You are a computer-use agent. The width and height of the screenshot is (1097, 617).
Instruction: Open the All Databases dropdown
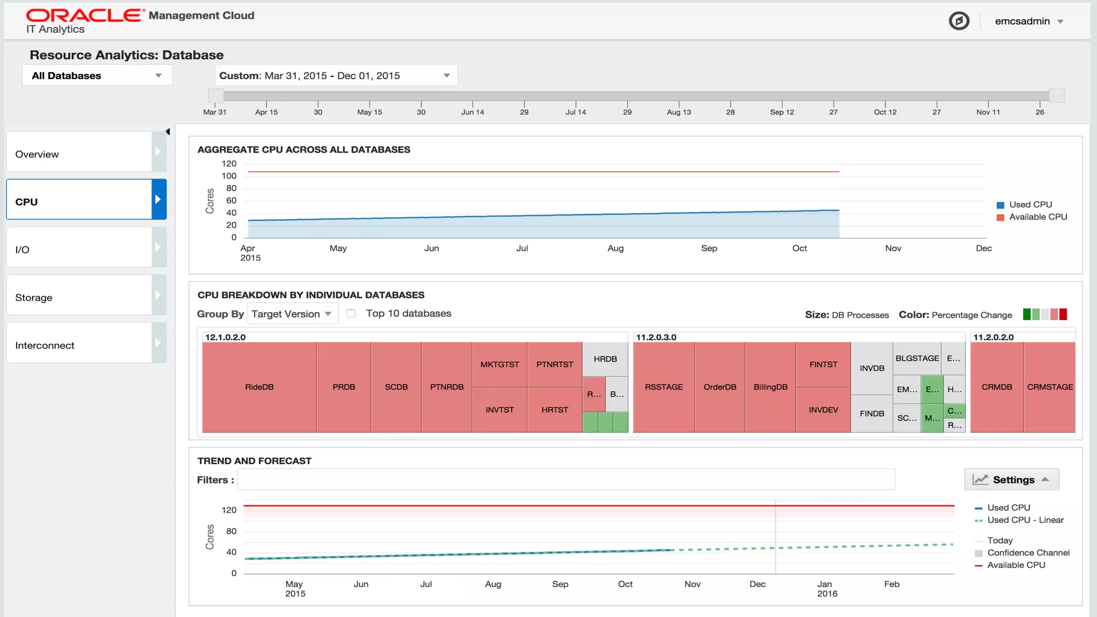pyautogui.click(x=96, y=76)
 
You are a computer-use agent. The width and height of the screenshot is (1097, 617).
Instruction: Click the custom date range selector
pyautogui.click(x=336, y=76)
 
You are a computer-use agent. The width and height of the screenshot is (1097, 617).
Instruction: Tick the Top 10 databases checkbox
pyautogui.click(x=351, y=313)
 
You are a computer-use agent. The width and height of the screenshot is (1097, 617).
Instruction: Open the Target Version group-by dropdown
pyautogui.click(x=291, y=314)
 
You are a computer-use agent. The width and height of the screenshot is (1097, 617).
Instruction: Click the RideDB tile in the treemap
pyautogui.click(x=259, y=387)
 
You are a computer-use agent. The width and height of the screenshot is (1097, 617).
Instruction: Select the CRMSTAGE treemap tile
pyautogui.click(x=1049, y=387)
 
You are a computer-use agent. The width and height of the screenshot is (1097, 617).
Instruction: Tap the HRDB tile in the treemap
pyautogui.click(x=605, y=359)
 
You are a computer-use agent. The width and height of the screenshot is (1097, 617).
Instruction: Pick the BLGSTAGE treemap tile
pyautogui.click(x=917, y=358)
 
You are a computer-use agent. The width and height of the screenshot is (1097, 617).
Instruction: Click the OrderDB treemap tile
pyautogui.click(x=719, y=387)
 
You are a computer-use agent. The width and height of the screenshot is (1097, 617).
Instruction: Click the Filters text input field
pyautogui.click(x=566, y=479)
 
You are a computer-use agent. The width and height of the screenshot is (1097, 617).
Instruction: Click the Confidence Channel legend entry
pyautogui.click(x=1028, y=553)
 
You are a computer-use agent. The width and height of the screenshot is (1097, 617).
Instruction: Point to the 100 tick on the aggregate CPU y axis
pyautogui.click(x=229, y=176)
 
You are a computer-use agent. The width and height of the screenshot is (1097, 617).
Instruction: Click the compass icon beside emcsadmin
pyautogui.click(x=959, y=21)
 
